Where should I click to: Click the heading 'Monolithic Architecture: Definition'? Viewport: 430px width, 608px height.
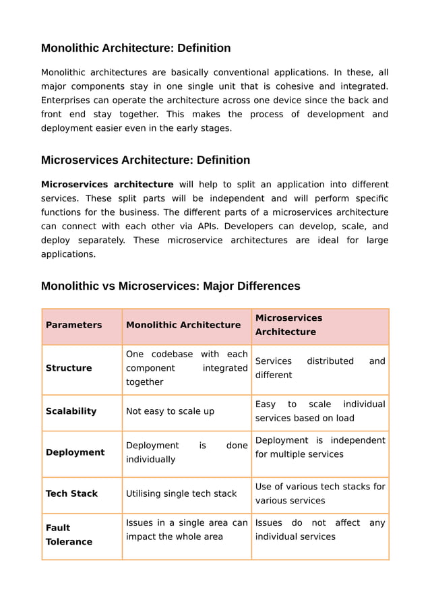click(x=135, y=48)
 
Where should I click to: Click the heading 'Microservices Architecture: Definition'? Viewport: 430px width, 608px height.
click(x=145, y=160)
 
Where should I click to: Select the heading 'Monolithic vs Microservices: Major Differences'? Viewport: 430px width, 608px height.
click(x=171, y=286)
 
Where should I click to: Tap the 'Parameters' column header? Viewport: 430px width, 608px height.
click(x=73, y=325)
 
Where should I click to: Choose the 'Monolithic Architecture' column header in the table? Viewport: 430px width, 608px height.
click(x=183, y=325)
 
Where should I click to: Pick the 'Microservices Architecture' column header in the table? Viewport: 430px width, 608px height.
click(x=288, y=325)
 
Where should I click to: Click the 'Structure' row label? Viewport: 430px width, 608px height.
click(x=69, y=368)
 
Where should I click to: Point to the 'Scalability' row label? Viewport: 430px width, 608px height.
click(x=71, y=411)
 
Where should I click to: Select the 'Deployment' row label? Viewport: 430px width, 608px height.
click(x=75, y=452)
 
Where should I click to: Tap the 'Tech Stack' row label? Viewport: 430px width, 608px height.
click(x=71, y=493)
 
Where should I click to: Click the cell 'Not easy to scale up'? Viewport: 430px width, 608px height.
click(x=170, y=411)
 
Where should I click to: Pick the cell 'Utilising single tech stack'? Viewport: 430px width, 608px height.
click(x=181, y=493)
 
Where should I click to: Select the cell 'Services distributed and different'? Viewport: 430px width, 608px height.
click(x=319, y=368)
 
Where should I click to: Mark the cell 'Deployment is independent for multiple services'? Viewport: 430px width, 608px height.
click(x=319, y=447)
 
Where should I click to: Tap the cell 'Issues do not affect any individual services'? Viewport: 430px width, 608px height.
click(x=319, y=530)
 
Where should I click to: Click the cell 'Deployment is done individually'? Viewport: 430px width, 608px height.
click(x=186, y=452)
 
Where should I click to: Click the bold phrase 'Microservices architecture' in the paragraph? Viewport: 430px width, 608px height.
click(x=106, y=185)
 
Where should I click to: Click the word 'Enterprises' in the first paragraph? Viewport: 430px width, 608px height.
click(x=66, y=100)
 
